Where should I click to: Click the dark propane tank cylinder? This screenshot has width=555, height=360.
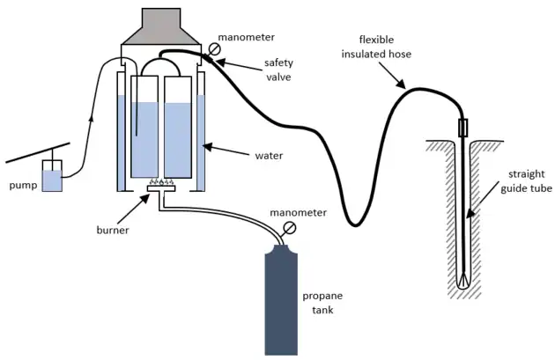(x=287, y=300)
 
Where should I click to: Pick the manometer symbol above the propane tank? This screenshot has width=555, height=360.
(x=290, y=227)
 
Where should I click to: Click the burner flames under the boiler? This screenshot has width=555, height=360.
(x=161, y=182)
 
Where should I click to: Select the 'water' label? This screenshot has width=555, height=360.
(x=269, y=156)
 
